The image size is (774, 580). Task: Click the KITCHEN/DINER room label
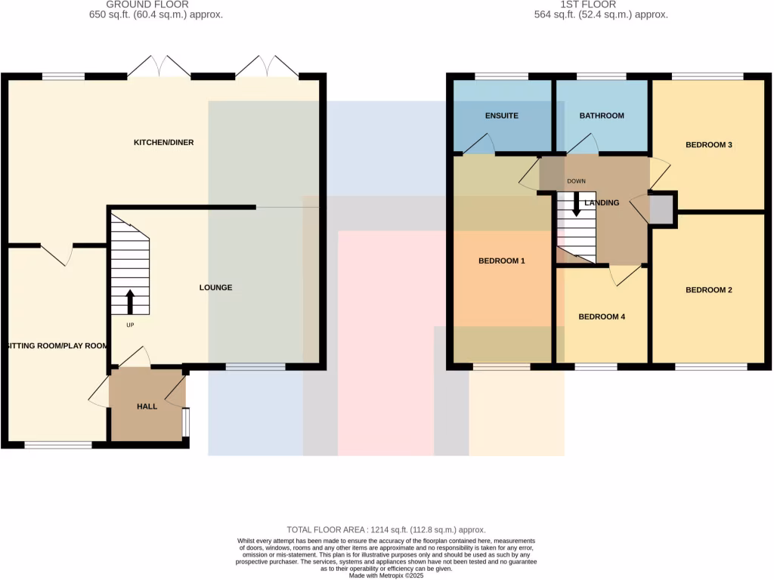pyautogui.click(x=159, y=143)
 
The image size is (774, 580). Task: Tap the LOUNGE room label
pyautogui.click(x=215, y=288)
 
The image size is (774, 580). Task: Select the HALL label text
pyautogui.click(x=147, y=406)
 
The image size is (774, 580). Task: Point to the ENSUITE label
pyautogui.click(x=501, y=116)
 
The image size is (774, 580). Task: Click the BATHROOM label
pyautogui.click(x=602, y=116)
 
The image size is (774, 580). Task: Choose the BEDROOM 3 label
pyautogui.click(x=709, y=144)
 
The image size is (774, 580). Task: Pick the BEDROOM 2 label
pyautogui.click(x=709, y=290)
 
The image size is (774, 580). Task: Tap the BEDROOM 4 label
pyautogui.click(x=602, y=317)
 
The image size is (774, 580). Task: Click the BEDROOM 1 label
pyautogui.click(x=502, y=261)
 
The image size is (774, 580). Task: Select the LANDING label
pyautogui.click(x=602, y=202)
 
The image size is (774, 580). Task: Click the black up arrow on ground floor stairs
pyautogui.click(x=130, y=301)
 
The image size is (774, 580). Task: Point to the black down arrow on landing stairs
pyautogui.click(x=577, y=205)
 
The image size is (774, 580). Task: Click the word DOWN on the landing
pyautogui.click(x=576, y=181)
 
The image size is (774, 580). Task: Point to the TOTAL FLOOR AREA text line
pyautogui.click(x=385, y=530)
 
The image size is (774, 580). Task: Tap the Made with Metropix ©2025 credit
pyautogui.click(x=386, y=575)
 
